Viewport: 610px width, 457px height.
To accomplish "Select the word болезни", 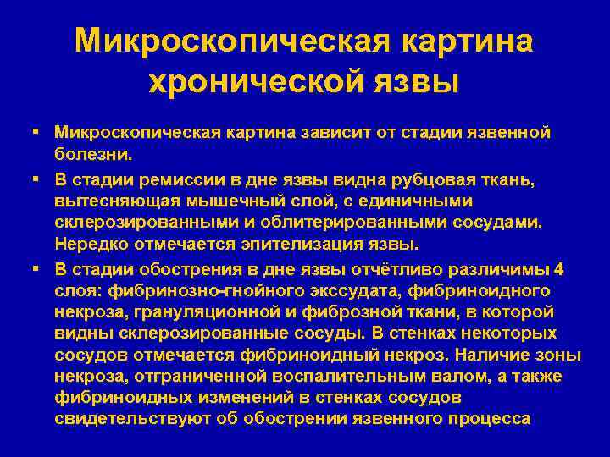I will click(93, 155).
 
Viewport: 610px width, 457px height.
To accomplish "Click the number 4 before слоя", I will click(556, 270).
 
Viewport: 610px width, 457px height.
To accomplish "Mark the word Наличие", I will click(476, 354).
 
